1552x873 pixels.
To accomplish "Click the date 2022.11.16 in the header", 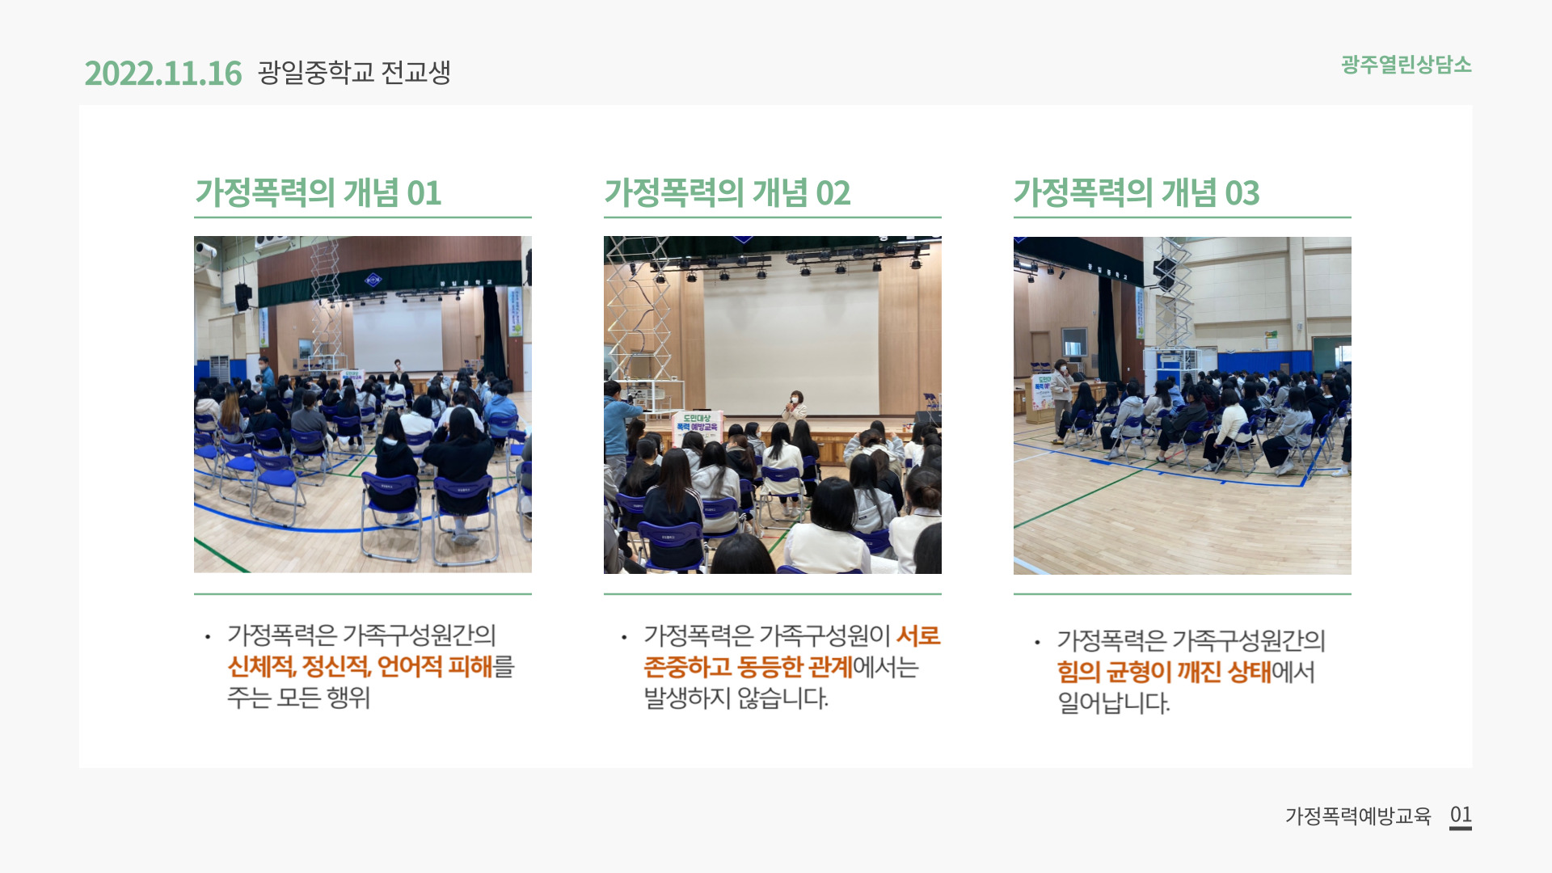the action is (162, 74).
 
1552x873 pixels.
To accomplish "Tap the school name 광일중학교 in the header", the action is (316, 73).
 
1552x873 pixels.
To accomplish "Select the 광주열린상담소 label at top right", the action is (1406, 65).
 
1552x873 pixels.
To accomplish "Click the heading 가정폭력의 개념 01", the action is (318, 193).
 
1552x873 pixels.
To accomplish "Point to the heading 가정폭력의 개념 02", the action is (727, 193).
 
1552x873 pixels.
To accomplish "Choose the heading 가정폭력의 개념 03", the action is (1137, 193).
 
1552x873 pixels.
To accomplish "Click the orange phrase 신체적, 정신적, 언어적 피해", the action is (361, 667).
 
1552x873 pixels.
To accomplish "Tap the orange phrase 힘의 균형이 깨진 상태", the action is (1164, 672).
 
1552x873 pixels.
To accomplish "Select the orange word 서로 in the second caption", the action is (918, 636).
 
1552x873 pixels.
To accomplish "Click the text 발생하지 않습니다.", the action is (736, 698).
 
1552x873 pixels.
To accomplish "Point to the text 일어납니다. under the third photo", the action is (1113, 702).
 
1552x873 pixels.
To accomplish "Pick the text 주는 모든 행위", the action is (298, 697).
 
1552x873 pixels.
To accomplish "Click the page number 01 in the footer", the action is (1461, 815).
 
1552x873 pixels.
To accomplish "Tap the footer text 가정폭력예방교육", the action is (1358, 816).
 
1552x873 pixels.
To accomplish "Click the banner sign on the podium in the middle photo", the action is (697, 427).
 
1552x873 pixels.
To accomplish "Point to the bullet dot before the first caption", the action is (208, 637).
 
